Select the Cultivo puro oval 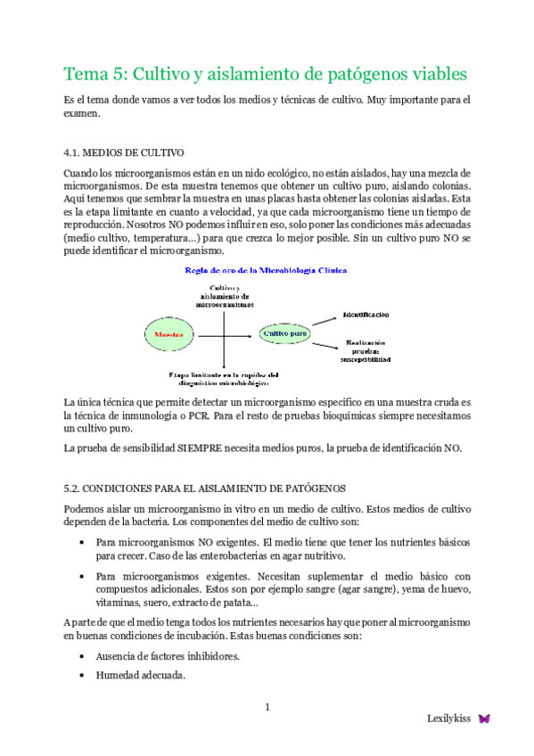point(283,333)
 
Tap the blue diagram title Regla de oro point(265,269)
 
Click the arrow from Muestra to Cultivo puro point(226,333)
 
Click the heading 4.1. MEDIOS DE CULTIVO point(124,152)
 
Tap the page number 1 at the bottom point(267,708)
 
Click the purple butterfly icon point(484,718)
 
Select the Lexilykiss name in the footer point(449,719)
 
